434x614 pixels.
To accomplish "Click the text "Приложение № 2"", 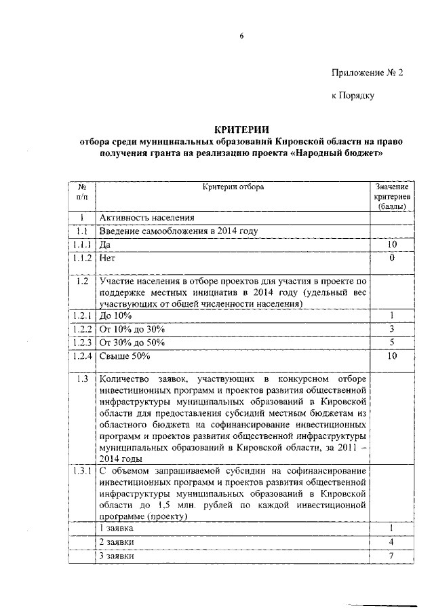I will [x=367, y=73].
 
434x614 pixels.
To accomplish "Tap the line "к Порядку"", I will [x=353, y=96].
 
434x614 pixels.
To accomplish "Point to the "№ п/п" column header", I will [x=82, y=191].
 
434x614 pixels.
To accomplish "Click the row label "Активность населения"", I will [x=147, y=218].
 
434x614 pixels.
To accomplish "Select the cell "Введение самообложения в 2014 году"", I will [x=179, y=231].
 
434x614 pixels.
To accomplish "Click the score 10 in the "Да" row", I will [x=391, y=244].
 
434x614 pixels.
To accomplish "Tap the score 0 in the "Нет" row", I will [x=391, y=258].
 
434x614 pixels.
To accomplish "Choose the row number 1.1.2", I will [x=82, y=258].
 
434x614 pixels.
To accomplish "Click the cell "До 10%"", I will [x=115, y=315].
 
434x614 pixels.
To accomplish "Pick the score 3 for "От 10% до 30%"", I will [x=391, y=329].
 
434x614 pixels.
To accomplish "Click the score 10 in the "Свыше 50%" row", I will [x=391, y=355].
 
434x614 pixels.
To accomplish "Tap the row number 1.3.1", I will [x=82, y=471].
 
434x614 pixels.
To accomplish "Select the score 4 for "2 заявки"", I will [x=391, y=542].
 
